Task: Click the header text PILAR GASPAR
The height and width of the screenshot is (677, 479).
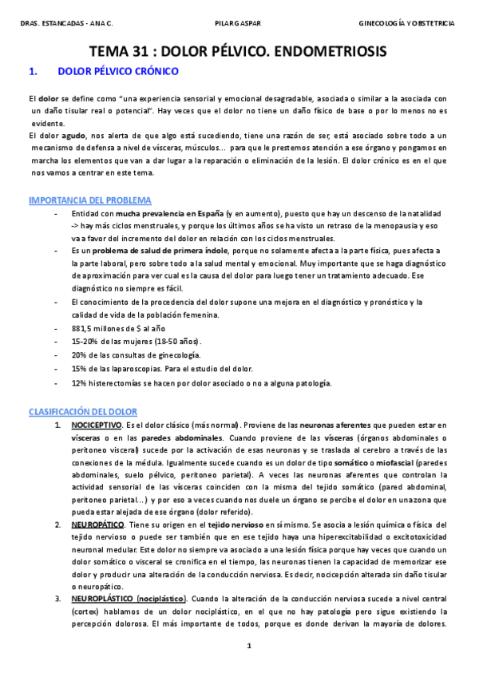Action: pyautogui.click(x=239, y=22)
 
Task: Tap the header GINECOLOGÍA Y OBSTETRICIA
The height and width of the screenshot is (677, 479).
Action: pyautogui.click(x=408, y=22)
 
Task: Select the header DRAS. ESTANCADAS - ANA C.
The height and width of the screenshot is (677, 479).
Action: pyautogui.click(x=66, y=22)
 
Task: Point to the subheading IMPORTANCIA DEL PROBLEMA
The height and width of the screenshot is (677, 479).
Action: pyautogui.click(x=90, y=200)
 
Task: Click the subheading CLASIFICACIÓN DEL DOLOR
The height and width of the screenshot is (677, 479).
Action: pyautogui.click(x=83, y=411)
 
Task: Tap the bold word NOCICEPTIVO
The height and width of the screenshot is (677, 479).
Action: pyautogui.click(x=97, y=426)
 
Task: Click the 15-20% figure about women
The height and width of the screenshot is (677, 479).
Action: pyautogui.click(x=84, y=340)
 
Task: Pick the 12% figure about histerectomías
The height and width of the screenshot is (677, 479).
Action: pyautogui.click(x=78, y=383)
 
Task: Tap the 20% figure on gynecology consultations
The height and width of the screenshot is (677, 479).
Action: pyautogui.click(x=78, y=354)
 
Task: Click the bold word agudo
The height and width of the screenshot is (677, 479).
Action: pyautogui.click(x=74, y=136)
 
